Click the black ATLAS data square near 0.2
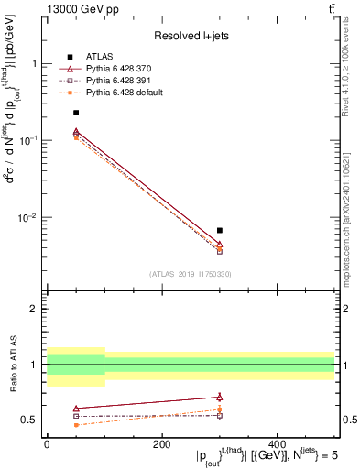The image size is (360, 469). click(x=76, y=113)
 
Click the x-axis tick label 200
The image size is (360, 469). click(x=162, y=443)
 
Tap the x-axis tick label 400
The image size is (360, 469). click(x=278, y=443)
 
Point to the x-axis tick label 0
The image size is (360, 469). click(x=47, y=443)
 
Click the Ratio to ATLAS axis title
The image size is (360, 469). click(x=12, y=365)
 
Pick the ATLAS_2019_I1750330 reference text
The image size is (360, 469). click(x=189, y=274)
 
